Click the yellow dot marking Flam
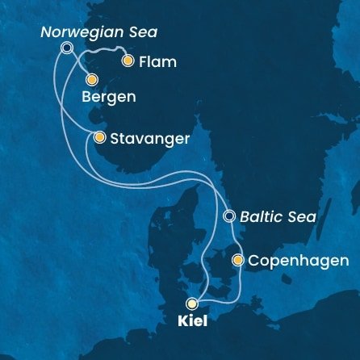(x=127, y=61)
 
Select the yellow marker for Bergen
(x=91, y=80)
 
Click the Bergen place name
(x=108, y=97)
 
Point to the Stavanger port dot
(x=99, y=138)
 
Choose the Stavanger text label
(x=149, y=138)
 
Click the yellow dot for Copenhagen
(x=237, y=261)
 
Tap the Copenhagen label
(x=298, y=261)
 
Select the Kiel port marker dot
(x=191, y=303)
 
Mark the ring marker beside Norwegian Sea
(x=67, y=48)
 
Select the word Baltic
(x=264, y=216)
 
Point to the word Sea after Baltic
(x=302, y=216)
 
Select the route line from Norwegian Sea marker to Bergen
(x=78, y=64)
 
